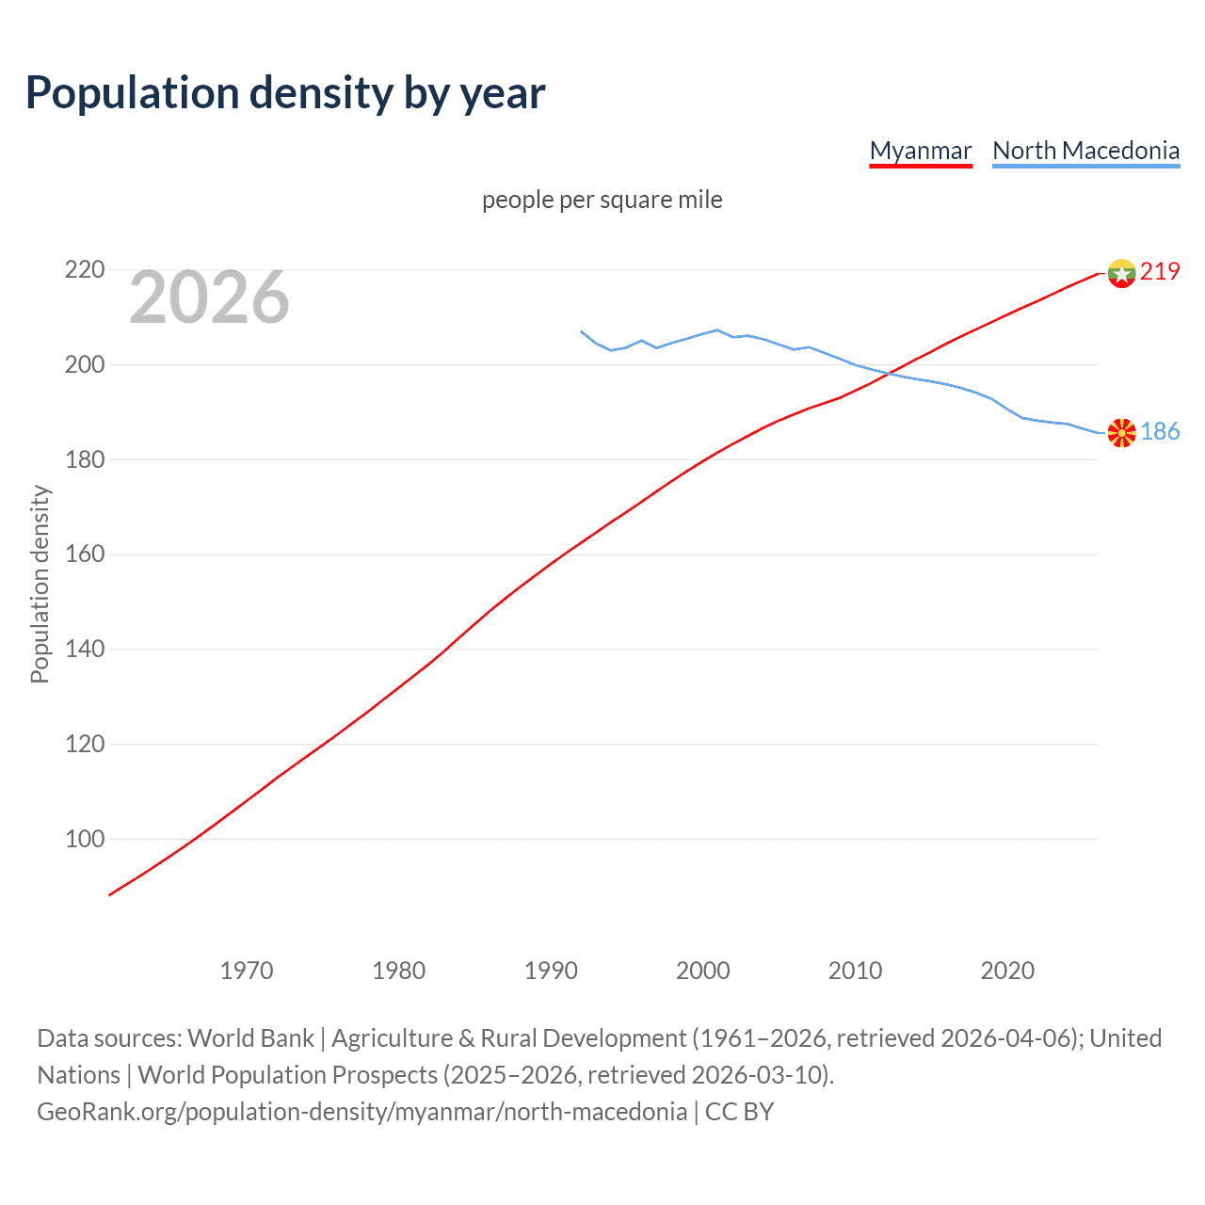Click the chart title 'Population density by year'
tap(285, 93)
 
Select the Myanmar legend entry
tap(920, 151)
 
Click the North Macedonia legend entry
tap(1085, 151)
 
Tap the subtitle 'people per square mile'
tap(602, 200)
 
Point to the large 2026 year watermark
tap(209, 297)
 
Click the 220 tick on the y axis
tap(84, 270)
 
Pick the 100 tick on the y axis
tap(84, 839)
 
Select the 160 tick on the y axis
tap(84, 554)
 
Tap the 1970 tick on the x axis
tap(247, 971)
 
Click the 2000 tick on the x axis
tap(702, 971)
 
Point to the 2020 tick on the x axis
tap(1007, 971)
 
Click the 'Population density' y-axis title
tap(40, 584)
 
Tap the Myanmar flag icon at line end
tap(1121, 273)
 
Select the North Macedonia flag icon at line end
tap(1121, 433)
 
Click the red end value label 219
tap(1160, 271)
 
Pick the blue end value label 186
tap(1160, 431)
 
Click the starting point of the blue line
tap(581, 331)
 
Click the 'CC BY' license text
tap(739, 1112)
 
